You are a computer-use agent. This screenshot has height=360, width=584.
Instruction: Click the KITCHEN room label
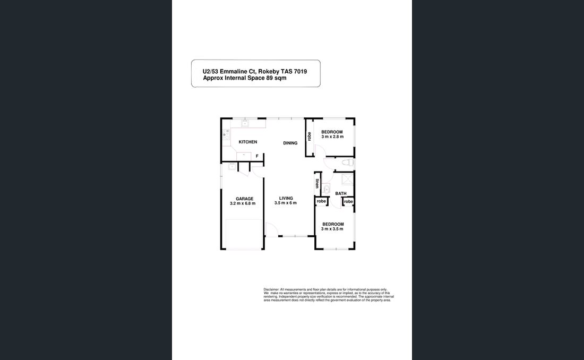coord(248,142)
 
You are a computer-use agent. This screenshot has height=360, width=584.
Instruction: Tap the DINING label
coord(290,143)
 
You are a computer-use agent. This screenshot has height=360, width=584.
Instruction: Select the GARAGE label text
coord(244,199)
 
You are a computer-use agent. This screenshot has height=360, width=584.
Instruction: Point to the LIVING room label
coord(286,198)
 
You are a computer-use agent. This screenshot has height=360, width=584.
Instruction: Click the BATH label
coord(341,194)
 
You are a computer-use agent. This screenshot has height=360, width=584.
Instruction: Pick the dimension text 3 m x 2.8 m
coord(332,137)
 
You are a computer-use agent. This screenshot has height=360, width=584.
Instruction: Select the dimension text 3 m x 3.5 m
coord(333,229)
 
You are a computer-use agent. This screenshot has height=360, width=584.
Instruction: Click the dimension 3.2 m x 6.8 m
coord(243,203)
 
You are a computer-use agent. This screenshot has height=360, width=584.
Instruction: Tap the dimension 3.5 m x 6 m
coord(286,203)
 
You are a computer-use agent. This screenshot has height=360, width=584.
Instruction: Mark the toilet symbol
coord(346,162)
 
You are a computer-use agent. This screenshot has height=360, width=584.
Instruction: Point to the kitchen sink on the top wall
coord(246,124)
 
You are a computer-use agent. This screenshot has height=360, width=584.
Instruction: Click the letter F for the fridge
coord(257,156)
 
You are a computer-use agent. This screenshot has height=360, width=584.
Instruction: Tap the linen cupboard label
coord(317,184)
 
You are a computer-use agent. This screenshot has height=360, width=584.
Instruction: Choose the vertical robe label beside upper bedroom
coord(309,136)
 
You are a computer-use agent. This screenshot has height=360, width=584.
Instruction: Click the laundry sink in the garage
coord(233,167)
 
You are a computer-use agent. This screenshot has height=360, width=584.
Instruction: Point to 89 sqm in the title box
coord(276,78)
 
